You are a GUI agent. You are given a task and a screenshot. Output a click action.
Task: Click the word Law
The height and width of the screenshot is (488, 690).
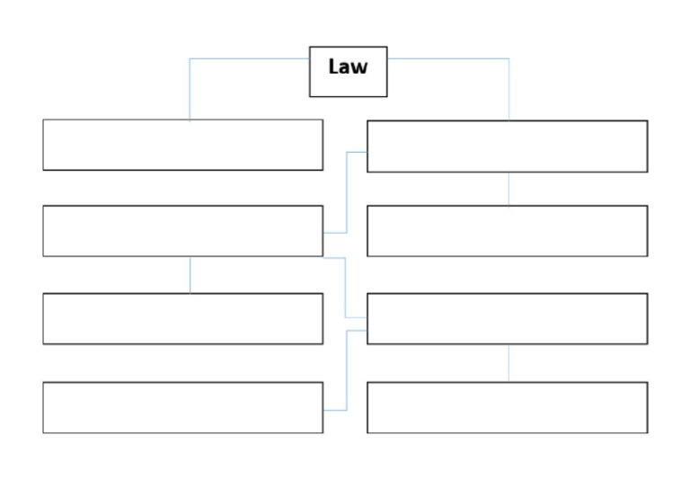(x=348, y=67)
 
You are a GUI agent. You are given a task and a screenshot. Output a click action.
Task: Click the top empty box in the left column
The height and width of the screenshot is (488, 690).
(x=182, y=145)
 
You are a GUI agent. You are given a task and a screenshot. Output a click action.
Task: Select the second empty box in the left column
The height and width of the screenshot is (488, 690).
(x=182, y=231)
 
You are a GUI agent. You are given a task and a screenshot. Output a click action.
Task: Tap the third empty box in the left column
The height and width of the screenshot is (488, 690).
(x=182, y=318)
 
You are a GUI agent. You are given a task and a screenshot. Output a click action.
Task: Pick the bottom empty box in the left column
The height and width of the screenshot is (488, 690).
(x=182, y=407)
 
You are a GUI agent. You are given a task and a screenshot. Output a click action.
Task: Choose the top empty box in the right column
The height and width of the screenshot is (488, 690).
(x=507, y=146)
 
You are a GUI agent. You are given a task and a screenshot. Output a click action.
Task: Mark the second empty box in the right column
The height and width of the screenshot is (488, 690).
(x=507, y=231)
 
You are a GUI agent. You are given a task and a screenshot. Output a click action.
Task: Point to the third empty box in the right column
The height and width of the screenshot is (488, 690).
(x=507, y=318)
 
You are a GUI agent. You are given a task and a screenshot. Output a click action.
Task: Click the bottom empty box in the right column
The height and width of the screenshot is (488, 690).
(x=507, y=407)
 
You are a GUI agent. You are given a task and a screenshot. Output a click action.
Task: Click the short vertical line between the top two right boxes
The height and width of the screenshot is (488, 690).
(x=509, y=189)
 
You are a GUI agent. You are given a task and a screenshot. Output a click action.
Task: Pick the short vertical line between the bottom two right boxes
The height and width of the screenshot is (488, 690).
(x=509, y=363)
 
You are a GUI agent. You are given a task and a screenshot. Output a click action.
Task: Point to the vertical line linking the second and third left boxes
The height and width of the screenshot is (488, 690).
(x=190, y=275)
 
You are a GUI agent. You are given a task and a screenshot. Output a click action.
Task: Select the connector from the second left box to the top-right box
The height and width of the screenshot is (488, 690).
(x=347, y=193)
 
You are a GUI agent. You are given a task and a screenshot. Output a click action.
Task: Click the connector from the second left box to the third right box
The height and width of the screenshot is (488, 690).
(x=347, y=288)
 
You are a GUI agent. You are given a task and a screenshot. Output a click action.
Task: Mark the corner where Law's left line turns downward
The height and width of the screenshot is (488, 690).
(x=190, y=59)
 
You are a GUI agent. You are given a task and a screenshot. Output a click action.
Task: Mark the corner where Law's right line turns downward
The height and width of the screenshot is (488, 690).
(x=509, y=59)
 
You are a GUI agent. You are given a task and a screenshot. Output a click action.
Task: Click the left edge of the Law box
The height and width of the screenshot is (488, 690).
(x=310, y=72)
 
